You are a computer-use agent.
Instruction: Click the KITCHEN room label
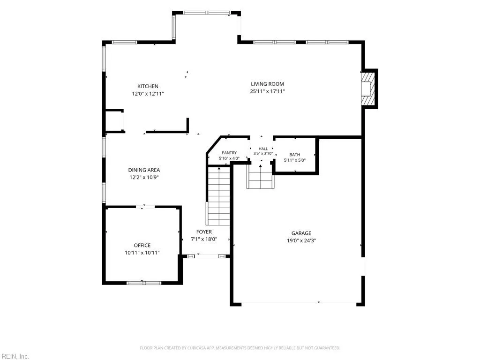[x=148, y=86]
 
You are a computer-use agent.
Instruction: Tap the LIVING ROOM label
[x=267, y=84]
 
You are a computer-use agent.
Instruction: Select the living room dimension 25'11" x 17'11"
[x=268, y=91]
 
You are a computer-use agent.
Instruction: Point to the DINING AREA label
[x=144, y=170]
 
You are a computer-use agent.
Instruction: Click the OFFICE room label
[x=142, y=245]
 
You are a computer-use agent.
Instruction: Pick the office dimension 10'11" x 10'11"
[x=142, y=253]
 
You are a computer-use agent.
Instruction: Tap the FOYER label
[x=204, y=232]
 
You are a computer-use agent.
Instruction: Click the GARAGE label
[x=301, y=233]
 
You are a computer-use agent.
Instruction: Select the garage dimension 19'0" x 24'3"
[x=301, y=240]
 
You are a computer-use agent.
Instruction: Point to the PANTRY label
[x=229, y=153]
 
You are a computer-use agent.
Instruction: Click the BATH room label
[x=295, y=155]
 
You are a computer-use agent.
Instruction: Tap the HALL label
[x=263, y=149]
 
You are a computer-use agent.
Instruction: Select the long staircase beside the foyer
[x=218, y=195]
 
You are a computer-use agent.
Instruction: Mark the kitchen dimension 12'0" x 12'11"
[x=148, y=94]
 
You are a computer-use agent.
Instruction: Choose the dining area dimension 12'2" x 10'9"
[x=144, y=177]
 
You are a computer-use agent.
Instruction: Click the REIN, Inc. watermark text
[x=15, y=356]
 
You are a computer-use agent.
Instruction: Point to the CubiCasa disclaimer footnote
[x=240, y=348]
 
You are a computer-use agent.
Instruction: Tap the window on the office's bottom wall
[x=144, y=283]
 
